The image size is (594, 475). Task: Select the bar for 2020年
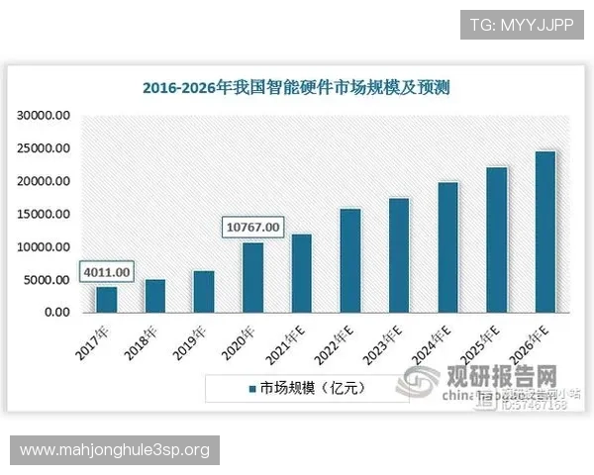coord(253,277)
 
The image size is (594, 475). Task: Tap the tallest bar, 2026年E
coord(544,232)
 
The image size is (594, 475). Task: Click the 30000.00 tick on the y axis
coord(44,116)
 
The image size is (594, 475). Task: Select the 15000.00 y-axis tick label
coord(44,214)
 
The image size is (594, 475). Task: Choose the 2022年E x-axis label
coord(337,342)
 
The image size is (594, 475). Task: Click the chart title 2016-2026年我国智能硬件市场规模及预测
coord(296,88)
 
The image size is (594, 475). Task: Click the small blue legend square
coord(252,388)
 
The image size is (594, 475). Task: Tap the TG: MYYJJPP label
coord(522,24)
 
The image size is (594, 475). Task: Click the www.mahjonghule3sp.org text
coord(115,450)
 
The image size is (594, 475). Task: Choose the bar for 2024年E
coord(447,247)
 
